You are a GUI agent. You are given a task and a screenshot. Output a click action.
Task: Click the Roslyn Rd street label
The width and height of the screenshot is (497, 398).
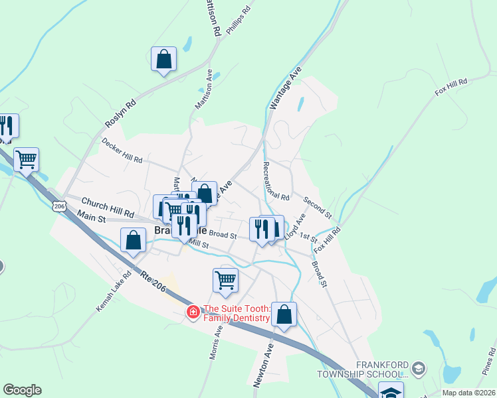tap(120, 113)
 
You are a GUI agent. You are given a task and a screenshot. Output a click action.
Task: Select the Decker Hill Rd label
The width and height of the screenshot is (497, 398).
tap(122, 151)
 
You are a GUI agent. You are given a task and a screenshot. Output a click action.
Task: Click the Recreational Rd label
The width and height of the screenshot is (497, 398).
tap(276, 180)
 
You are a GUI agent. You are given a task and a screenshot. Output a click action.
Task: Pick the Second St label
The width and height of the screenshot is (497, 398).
tap(318, 208)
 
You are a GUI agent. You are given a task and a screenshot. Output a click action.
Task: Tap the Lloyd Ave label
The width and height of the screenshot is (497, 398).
tap(294, 226)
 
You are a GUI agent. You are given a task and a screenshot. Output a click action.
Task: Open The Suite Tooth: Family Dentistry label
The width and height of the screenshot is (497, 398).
tap(237, 313)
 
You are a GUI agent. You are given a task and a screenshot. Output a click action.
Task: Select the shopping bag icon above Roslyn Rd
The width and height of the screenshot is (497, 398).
tap(163, 60)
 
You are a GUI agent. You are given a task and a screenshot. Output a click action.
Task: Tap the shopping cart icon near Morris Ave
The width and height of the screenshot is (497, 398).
tap(225, 280)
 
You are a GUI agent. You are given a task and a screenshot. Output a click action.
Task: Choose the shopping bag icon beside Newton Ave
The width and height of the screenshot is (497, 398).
tap(284, 316)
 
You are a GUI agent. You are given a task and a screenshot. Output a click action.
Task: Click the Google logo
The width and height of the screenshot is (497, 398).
tap(22, 390)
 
